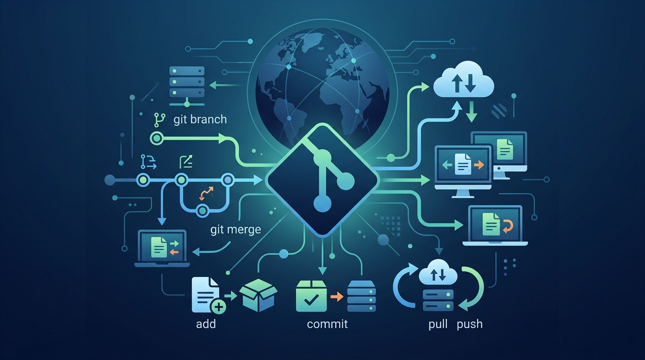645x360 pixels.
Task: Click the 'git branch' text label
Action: point(200,120)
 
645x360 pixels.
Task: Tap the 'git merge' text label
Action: point(235,230)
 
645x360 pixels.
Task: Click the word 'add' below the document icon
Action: point(206,324)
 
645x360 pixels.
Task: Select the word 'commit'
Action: point(327,324)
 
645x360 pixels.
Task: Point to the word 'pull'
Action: point(438,324)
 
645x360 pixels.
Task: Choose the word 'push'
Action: point(470,324)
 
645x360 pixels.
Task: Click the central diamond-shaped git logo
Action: point(322,180)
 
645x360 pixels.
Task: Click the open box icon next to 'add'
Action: point(258,295)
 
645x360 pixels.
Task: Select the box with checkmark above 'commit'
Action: point(311,296)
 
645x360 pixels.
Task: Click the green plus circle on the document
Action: point(219,307)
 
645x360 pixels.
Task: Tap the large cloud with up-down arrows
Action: point(464,80)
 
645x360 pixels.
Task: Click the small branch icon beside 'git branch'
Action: point(159,120)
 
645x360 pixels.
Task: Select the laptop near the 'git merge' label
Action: point(162,248)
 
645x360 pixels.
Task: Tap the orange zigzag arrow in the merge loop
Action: point(207,193)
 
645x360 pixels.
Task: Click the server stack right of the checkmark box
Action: point(362,296)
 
